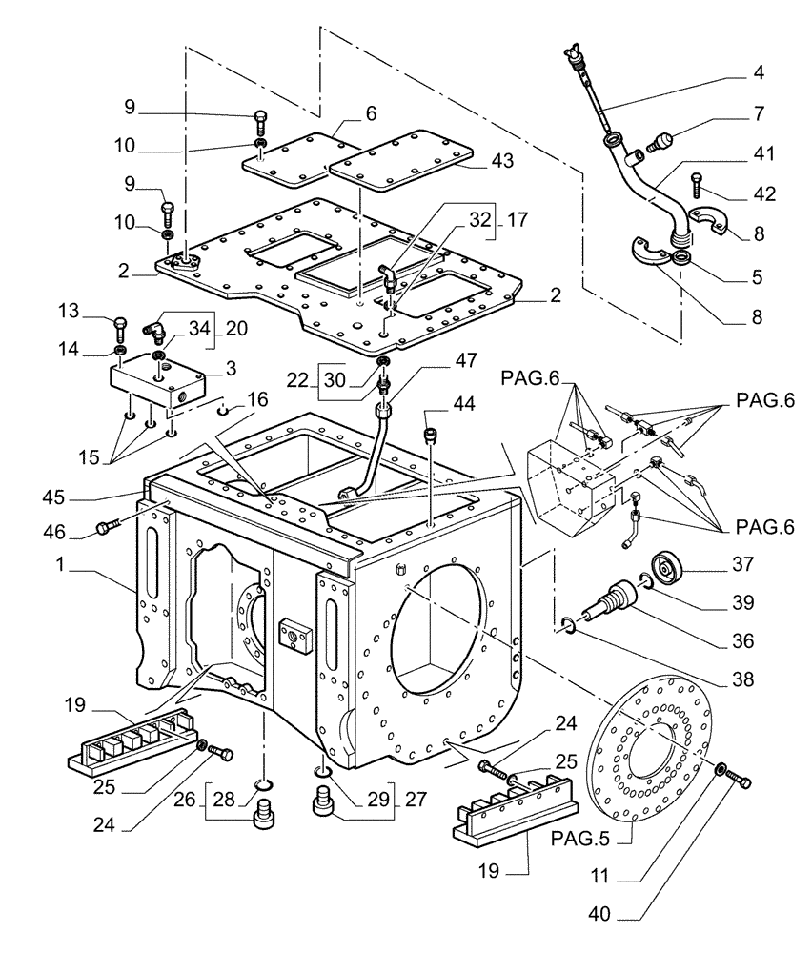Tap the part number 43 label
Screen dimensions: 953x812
(502, 161)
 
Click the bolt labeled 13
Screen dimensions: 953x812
(119, 326)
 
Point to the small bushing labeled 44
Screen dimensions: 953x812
(429, 436)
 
